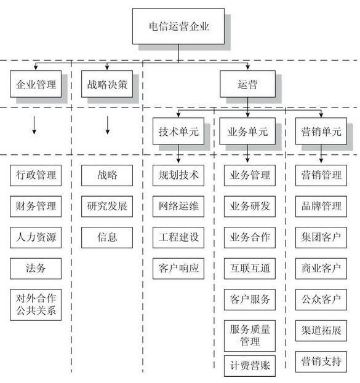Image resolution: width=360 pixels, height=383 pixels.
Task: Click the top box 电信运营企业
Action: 178,26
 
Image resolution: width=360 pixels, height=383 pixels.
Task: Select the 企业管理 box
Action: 36,85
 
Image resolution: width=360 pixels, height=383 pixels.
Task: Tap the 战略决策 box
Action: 107,85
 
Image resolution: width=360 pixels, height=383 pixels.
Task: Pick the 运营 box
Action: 247,85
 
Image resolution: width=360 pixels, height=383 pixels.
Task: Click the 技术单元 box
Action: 178,131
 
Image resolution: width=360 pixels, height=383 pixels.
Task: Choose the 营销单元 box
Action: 320,131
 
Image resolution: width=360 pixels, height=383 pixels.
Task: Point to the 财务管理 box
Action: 36,206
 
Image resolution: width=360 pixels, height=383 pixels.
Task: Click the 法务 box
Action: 36,268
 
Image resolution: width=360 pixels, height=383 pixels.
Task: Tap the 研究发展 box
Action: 107,206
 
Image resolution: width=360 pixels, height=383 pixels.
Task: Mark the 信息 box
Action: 107,237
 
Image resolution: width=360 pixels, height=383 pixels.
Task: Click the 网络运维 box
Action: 178,206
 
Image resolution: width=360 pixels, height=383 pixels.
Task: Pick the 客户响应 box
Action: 178,268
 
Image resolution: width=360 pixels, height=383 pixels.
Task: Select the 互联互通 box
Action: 249,268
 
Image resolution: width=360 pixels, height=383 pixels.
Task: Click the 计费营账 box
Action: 249,366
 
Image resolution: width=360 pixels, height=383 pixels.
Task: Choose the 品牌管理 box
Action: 320,206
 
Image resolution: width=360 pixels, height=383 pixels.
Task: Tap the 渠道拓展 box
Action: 320,330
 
